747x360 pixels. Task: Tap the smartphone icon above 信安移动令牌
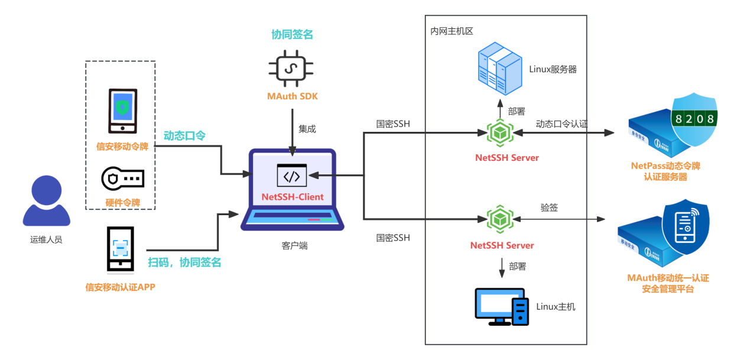point(122,111)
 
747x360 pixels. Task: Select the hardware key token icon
point(122,178)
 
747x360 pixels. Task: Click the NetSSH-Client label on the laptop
point(293,196)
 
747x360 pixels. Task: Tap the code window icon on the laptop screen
point(292,175)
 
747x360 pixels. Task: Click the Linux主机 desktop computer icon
point(502,306)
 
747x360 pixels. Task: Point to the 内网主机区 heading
point(452,31)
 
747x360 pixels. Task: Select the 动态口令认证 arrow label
point(561,124)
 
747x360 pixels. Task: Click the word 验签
point(549,207)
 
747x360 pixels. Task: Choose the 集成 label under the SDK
point(307,129)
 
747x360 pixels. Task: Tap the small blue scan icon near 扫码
point(121,248)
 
